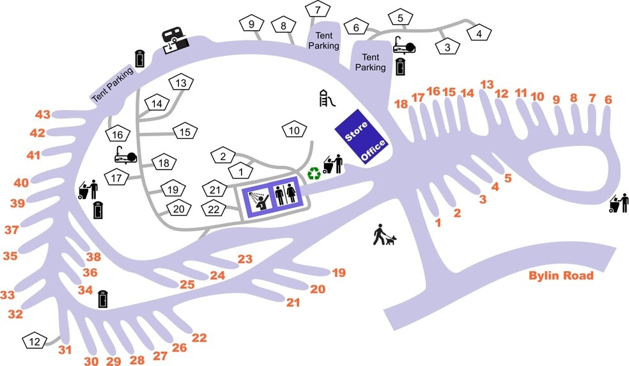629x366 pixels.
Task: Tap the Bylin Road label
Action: (561, 276)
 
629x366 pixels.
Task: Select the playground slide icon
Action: (327, 99)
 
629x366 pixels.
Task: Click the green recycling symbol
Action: (314, 173)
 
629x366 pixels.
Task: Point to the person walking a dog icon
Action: (384, 235)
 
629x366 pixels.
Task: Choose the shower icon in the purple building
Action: (258, 198)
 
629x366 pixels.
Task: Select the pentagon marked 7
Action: (318, 10)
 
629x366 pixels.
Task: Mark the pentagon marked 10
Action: (294, 131)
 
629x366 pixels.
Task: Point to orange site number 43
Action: (43, 115)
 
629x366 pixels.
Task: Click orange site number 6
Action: (608, 99)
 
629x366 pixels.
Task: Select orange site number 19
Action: (338, 273)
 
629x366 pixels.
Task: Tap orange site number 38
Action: (94, 257)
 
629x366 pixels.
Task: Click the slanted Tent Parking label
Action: (112, 85)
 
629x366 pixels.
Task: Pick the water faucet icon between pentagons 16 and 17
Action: (124, 155)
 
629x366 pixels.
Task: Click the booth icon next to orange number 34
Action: (103, 299)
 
